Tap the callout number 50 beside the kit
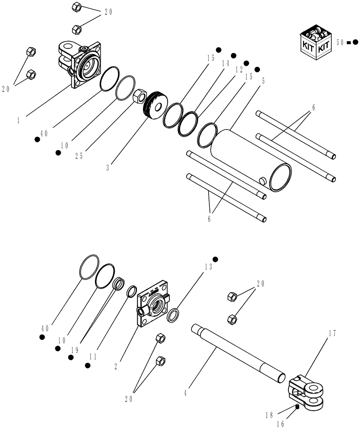(340, 42)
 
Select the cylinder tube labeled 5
(250, 160)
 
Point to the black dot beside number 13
(215, 259)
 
